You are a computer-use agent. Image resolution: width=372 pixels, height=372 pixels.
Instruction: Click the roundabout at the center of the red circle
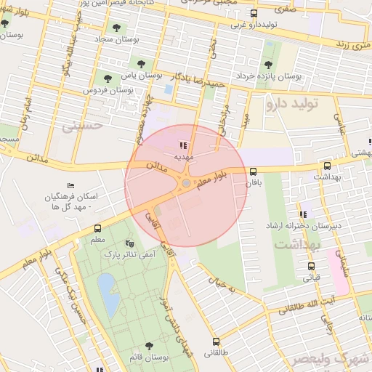click(x=186, y=185)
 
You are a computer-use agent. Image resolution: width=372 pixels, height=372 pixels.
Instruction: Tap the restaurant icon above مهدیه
click(x=182, y=145)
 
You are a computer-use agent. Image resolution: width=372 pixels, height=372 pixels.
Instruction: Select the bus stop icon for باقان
click(x=253, y=173)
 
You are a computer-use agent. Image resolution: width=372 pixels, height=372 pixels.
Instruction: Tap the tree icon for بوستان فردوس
click(x=108, y=78)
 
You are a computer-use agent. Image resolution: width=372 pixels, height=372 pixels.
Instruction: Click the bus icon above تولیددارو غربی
click(x=253, y=14)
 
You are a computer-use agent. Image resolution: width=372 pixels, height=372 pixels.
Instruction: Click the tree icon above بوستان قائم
click(x=149, y=346)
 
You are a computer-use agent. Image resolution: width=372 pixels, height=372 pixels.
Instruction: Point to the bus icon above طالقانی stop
click(x=215, y=341)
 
